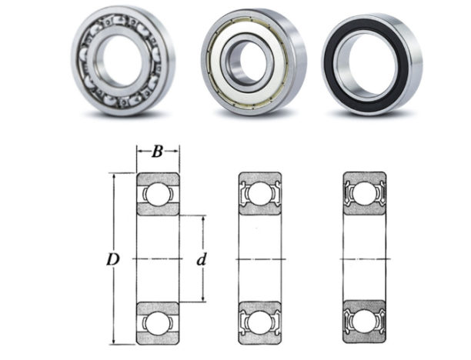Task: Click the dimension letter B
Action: pyautogui.click(x=157, y=152)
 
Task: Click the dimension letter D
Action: pyautogui.click(x=113, y=259)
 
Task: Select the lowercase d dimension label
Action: pyautogui.click(x=202, y=259)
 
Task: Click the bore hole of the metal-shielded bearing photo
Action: pyautogui.click(x=249, y=62)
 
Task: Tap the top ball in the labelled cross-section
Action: pyautogui.click(x=159, y=195)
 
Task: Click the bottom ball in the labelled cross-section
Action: pyautogui.click(x=159, y=323)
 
